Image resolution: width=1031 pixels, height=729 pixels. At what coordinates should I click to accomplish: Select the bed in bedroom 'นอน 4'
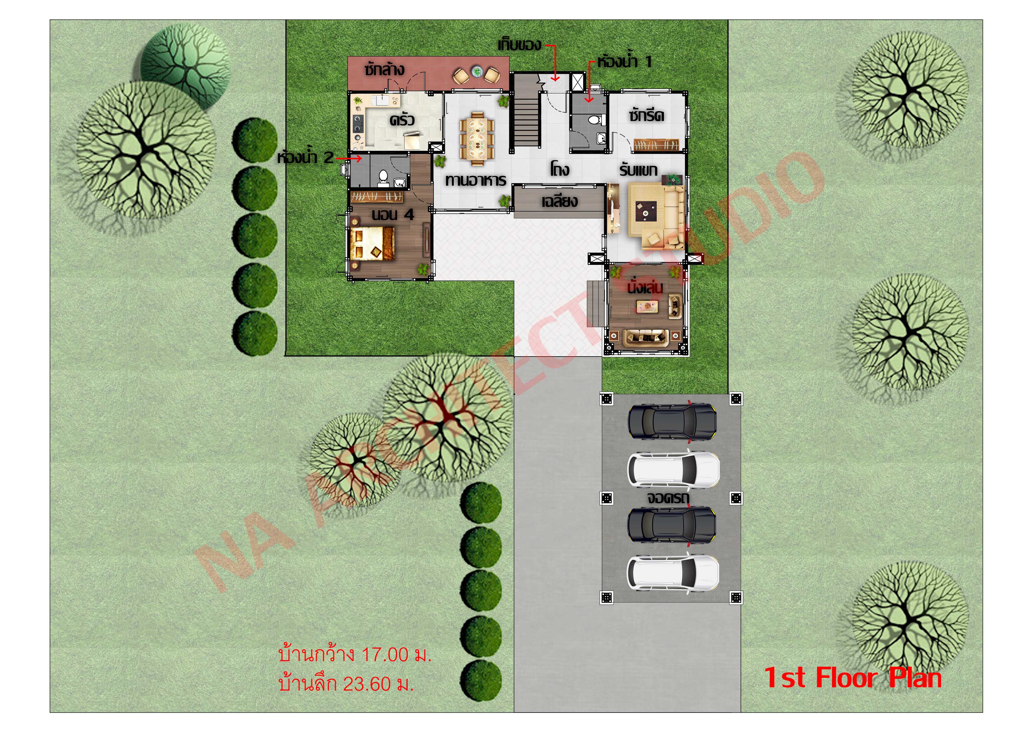(x=372, y=243)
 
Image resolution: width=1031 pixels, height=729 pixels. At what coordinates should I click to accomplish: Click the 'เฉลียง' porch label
(x=559, y=201)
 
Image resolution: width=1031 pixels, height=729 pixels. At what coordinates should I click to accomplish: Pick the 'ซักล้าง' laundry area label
(x=384, y=70)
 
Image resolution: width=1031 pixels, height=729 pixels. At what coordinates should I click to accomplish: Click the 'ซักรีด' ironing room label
(x=646, y=116)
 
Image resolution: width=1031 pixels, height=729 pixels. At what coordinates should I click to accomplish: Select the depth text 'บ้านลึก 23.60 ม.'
(x=346, y=684)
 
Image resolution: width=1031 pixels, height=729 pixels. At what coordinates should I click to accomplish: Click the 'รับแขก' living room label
(x=638, y=170)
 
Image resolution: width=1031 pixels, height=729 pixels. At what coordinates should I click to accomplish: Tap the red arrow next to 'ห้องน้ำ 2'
(x=349, y=158)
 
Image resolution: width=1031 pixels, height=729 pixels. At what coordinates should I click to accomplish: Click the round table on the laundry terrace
(x=476, y=72)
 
